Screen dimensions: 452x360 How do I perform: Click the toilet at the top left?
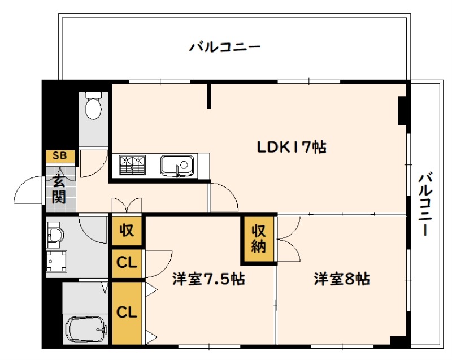click(x=94, y=106)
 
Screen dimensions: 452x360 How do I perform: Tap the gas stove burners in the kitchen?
click(x=132, y=165)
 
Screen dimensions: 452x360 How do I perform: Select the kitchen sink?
click(x=177, y=166)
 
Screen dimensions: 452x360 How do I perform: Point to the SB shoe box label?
click(x=60, y=155)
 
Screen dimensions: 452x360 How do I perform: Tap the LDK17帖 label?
click(x=292, y=147)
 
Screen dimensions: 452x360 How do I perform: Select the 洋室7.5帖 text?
click(x=208, y=279)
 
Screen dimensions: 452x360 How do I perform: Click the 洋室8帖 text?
click(x=342, y=279)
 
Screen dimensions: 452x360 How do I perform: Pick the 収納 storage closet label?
click(x=259, y=239)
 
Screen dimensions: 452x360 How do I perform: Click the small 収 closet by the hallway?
click(x=127, y=230)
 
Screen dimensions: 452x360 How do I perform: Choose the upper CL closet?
click(x=127, y=263)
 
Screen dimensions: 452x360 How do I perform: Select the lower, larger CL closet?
click(x=127, y=313)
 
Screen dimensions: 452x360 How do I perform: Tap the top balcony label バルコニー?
click(x=225, y=47)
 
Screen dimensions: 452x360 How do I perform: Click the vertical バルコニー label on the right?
click(x=425, y=203)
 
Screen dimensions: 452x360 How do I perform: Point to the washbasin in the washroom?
click(x=55, y=235)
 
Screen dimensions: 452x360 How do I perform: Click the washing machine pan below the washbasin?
click(x=57, y=261)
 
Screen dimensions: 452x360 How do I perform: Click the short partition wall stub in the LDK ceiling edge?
click(x=209, y=96)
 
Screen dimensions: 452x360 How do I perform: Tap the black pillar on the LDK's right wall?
click(x=402, y=111)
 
